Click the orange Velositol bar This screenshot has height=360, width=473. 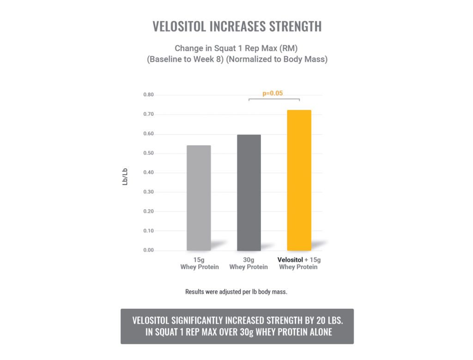point(299,180)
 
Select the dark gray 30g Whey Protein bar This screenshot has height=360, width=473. point(249,192)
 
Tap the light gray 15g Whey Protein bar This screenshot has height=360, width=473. point(199,198)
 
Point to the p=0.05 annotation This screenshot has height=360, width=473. point(273,93)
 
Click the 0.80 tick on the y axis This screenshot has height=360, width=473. point(148,95)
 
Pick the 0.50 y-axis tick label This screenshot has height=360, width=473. point(148,153)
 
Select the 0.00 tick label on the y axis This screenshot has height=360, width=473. point(148,250)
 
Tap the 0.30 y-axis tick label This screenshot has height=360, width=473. point(148,192)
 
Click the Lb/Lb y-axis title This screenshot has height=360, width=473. point(125,177)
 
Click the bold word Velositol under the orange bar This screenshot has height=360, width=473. point(290,260)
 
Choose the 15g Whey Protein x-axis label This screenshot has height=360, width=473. point(199,264)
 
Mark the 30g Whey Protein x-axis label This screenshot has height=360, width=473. point(249,264)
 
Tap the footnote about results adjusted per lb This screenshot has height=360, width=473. point(236,292)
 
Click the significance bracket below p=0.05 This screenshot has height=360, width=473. point(274,99)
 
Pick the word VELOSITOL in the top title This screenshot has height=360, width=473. point(179,27)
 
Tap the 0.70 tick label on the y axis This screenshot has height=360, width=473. point(148,114)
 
